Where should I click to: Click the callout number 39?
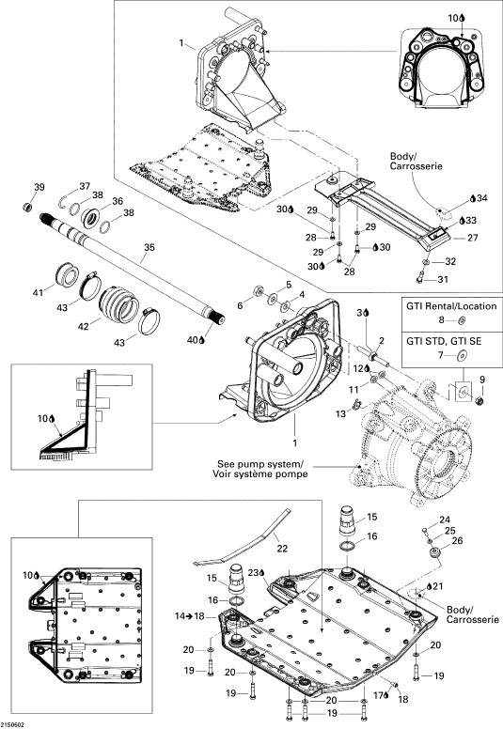39,187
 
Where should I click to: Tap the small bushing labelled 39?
28,206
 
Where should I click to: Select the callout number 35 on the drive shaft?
149,247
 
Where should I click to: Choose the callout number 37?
85,186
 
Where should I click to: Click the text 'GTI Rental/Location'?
451,306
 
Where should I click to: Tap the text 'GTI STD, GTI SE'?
444,341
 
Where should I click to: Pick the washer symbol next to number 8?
462,319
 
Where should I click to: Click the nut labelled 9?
480,399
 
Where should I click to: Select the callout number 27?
473,238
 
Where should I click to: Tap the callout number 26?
457,541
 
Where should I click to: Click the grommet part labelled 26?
436,554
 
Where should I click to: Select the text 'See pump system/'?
260,464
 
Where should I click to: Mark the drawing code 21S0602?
13,725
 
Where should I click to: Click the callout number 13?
341,412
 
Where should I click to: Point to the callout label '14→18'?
189,616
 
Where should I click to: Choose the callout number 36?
118,201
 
